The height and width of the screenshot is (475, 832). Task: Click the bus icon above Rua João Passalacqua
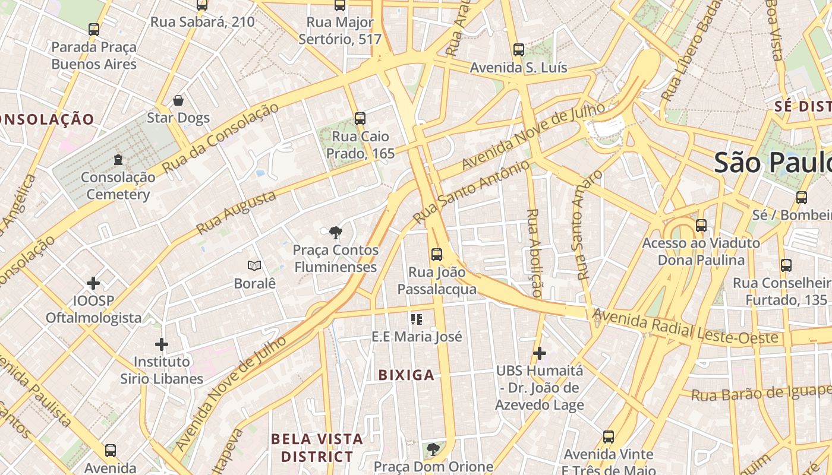click(437, 255)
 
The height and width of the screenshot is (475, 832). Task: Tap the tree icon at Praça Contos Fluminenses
click(336, 232)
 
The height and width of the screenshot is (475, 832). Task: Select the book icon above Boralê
click(254, 265)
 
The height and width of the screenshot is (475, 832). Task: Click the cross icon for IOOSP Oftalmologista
click(93, 283)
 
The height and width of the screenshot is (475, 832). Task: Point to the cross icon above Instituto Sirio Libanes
click(161, 344)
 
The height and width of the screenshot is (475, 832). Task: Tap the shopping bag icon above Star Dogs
click(178, 100)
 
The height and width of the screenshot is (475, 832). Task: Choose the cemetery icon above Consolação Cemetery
click(118, 159)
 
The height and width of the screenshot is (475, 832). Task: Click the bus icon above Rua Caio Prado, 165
click(360, 118)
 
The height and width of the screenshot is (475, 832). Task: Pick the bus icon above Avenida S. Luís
click(519, 49)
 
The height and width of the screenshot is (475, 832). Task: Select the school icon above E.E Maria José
click(417, 319)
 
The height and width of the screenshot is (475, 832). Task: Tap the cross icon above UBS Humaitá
click(539, 353)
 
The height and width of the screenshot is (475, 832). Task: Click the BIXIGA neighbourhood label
click(406, 375)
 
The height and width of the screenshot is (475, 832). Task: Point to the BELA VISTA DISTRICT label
click(317, 448)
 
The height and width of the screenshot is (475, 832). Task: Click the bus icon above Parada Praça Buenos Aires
click(94, 29)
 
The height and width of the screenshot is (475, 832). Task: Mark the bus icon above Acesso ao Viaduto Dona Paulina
click(701, 226)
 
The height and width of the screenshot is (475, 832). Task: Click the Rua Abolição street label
click(534, 253)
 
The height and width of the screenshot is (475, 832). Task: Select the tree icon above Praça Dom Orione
click(433, 449)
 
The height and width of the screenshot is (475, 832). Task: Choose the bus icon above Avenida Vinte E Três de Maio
click(608, 437)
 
